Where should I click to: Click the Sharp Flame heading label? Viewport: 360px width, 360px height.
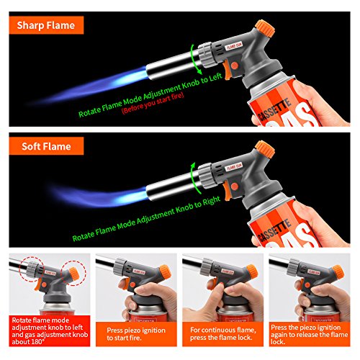[x=46, y=25]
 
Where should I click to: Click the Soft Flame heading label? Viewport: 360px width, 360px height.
[x=46, y=146]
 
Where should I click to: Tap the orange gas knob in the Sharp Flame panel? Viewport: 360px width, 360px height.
[x=265, y=28]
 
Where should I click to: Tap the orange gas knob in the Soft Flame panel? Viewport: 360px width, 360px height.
[x=265, y=149]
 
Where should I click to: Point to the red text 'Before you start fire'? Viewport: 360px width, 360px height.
[x=153, y=103]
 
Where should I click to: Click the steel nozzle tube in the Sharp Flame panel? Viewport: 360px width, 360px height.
[x=172, y=65]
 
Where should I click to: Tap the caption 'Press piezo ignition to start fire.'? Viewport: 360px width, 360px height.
[x=136, y=334]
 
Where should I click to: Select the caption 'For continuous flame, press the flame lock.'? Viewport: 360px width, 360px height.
[x=223, y=334]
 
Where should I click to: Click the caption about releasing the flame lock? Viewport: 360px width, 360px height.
[x=310, y=334]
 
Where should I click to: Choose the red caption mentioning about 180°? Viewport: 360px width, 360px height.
[x=50, y=330]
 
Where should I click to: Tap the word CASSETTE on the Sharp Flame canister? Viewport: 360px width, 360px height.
[x=274, y=109]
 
